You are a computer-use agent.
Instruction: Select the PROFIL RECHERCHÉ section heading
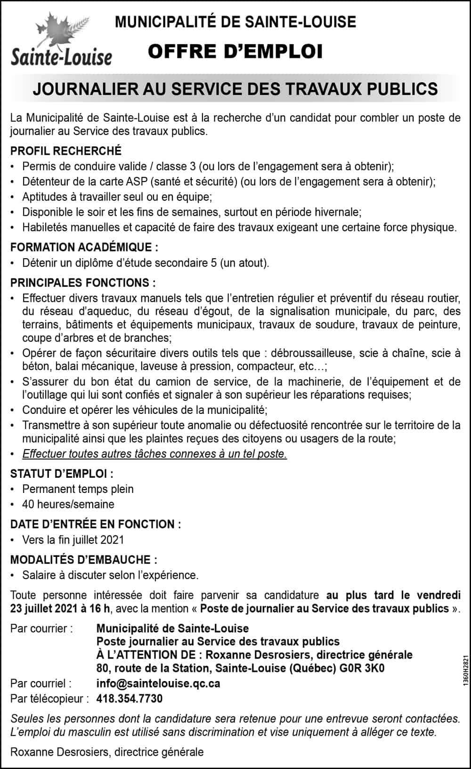[66, 151]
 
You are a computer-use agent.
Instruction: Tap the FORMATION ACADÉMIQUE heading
[84, 247]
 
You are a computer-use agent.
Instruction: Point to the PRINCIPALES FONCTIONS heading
[83, 283]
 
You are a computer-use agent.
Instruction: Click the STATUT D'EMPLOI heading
[62, 474]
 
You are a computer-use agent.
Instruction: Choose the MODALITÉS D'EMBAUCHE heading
[84, 560]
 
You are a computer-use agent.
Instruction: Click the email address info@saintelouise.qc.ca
[158, 683]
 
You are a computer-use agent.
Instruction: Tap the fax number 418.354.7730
[130, 699]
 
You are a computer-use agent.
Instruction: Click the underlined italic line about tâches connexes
[154, 454]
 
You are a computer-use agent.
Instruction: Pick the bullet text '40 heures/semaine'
[68, 504]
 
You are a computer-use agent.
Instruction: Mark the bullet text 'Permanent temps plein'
[78, 489]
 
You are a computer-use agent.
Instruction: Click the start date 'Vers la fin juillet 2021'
[73, 540]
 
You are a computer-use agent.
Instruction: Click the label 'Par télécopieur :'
[49, 699]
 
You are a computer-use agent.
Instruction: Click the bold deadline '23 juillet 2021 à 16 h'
[60, 609]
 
